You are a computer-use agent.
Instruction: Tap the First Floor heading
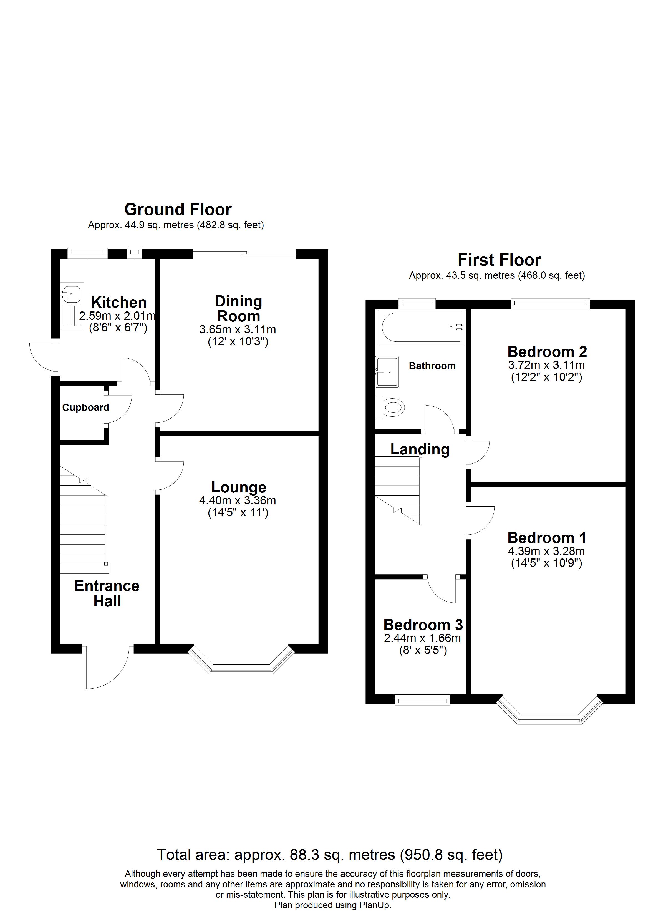click(x=499, y=260)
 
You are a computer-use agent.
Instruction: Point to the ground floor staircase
click(x=84, y=525)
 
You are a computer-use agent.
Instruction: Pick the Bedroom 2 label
click(x=547, y=352)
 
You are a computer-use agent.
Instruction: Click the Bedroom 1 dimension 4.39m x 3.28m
click(x=546, y=551)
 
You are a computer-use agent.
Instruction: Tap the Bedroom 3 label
click(x=423, y=625)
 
